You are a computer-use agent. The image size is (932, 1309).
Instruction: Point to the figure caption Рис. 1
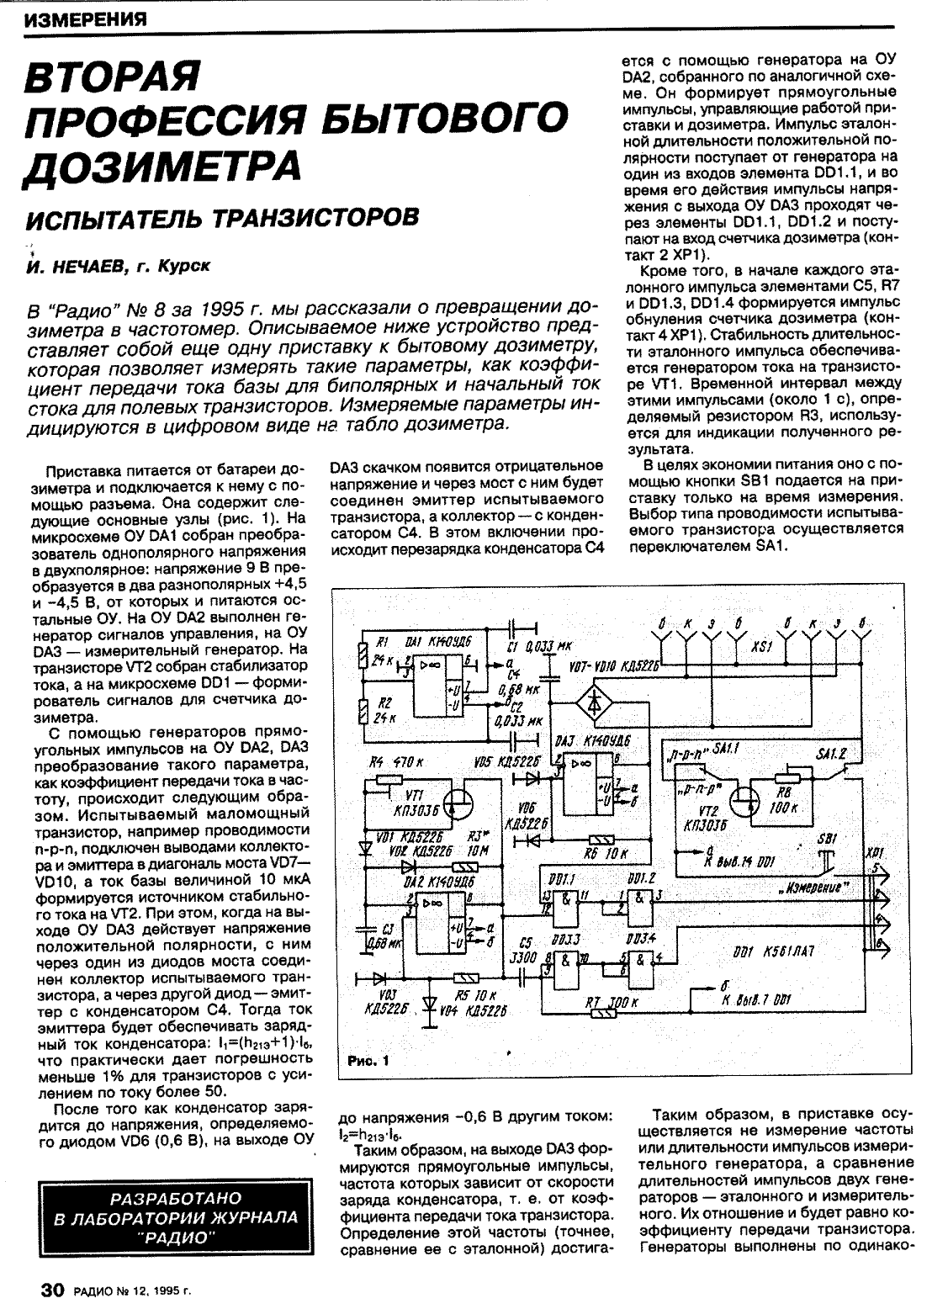point(367,1063)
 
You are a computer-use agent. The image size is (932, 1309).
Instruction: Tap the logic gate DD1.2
point(636,898)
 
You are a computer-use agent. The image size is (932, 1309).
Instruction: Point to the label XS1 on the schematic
point(760,650)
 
